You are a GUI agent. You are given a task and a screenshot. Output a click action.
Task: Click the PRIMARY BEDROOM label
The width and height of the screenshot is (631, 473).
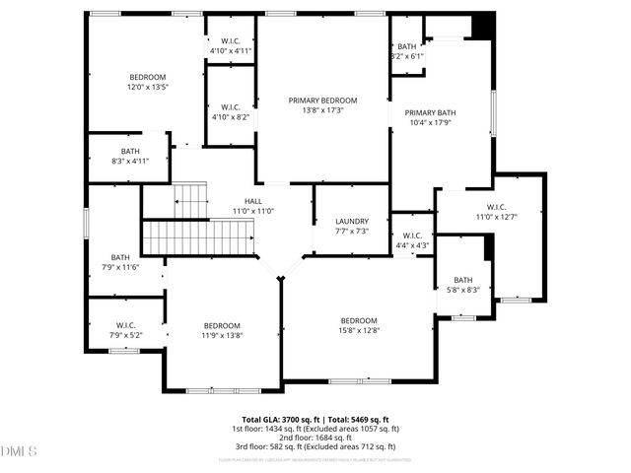pyautogui.click(x=322, y=101)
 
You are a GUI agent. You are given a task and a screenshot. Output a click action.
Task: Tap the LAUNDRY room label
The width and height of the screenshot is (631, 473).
pyautogui.click(x=351, y=221)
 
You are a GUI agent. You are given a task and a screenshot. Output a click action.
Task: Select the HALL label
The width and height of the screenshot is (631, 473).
pyautogui.click(x=253, y=201)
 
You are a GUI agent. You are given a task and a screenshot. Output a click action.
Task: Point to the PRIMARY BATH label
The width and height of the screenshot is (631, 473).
pyautogui.click(x=430, y=112)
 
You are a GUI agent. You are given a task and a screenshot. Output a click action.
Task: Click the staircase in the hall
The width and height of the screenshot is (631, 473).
pyautogui.click(x=199, y=236)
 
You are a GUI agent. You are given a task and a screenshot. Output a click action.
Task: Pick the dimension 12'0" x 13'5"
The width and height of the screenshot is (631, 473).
pyautogui.click(x=148, y=87)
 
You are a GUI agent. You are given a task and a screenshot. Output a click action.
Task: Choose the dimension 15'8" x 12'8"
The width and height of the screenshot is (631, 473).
pyautogui.click(x=359, y=330)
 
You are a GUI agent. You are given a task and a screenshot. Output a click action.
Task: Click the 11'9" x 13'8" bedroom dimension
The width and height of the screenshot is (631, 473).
pyautogui.click(x=222, y=336)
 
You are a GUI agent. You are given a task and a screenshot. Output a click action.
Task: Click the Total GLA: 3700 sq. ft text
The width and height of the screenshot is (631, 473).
pyautogui.click(x=281, y=419)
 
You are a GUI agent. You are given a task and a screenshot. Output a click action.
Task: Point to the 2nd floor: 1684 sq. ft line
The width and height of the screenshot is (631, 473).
pyautogui.click(x=315, y=439)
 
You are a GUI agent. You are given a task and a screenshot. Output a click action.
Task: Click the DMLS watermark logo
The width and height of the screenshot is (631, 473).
pyautogui.click(x=19, y=452)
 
